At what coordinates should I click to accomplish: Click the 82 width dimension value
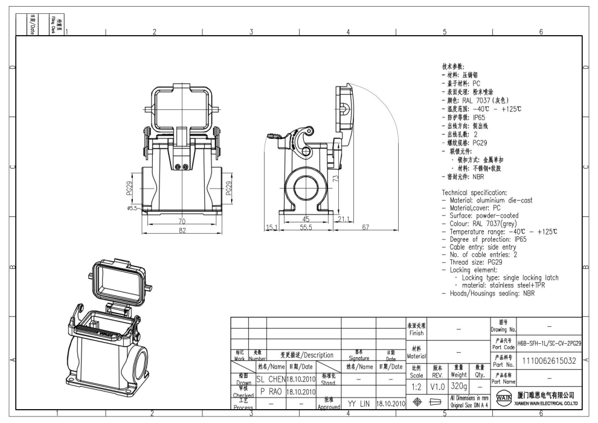(x=181, y=231)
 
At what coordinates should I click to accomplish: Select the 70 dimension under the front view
(x=181, y=222)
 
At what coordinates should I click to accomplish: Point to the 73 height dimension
(x=334, y=178)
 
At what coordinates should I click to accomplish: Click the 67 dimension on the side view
(x=366, y=227)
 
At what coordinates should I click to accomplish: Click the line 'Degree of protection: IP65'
(x=497, y=239)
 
